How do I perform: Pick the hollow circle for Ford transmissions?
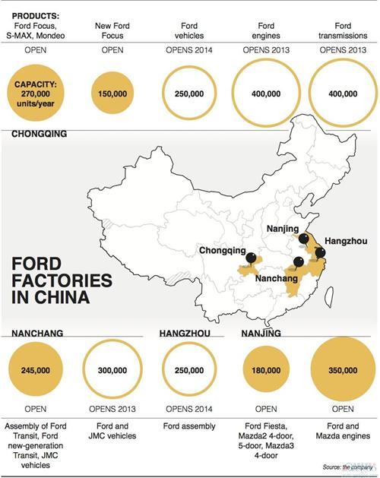point(340,92)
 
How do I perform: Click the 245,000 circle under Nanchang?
point(36,370)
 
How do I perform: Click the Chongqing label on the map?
point(222,250)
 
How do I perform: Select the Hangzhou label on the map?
point(346,241)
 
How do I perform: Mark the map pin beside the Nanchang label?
point(297,262)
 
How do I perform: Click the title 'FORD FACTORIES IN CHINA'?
point(61,279)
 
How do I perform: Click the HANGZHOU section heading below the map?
point(188,333)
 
